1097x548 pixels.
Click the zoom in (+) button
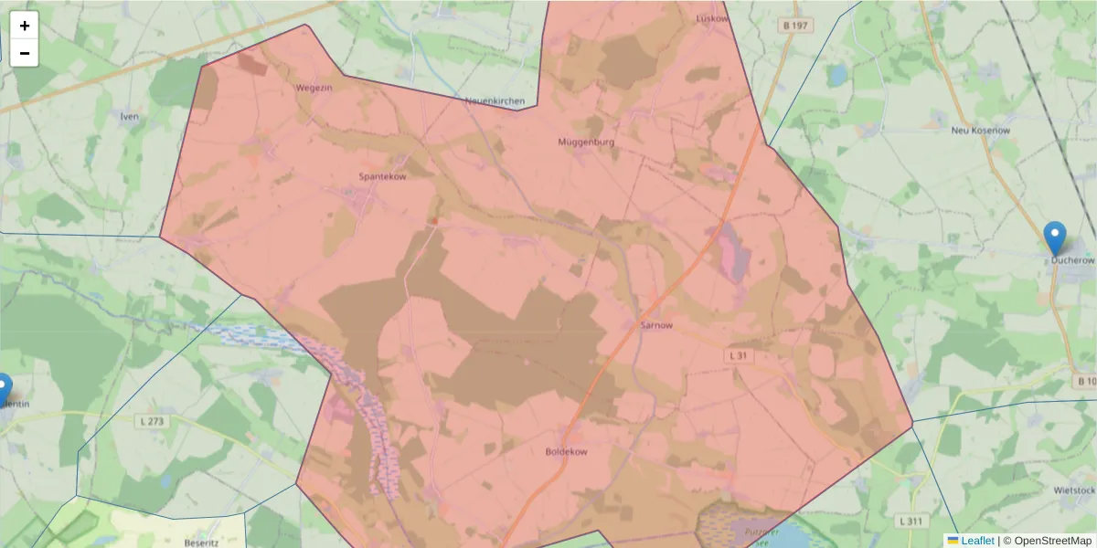click(x=25, y=26)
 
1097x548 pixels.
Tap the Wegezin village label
click(x=313, y=88)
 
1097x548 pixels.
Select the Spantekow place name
click(x=382, y=176)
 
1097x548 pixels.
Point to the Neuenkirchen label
click(x=494, y=101)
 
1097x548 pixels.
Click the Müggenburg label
click(x=586, y=142)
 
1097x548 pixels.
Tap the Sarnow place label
click(x=655, y=325)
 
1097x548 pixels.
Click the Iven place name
click(x=129, y=117)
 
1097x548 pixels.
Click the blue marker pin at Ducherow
click(x=1055, y=237)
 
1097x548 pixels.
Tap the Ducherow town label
click(x=1072, y=260)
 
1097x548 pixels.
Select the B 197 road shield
click(x=795, y=26)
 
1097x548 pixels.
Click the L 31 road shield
click(x=740, y=354)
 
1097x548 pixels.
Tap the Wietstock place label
click(x=1074, y=490)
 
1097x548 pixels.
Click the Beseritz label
click(x=201, y=543)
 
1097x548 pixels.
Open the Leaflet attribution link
click(x=977, y=541)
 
